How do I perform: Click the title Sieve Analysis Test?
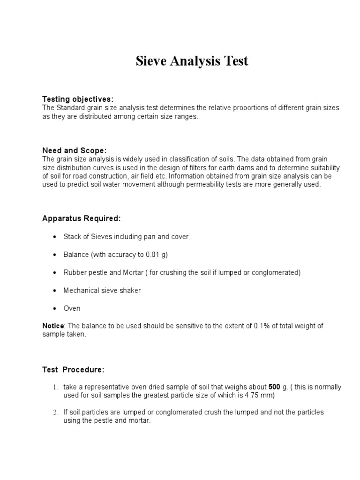click(192, 61)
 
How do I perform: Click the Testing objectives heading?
click(78, 99)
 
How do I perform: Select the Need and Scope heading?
click(75, 150)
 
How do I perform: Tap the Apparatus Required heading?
click(81, 218)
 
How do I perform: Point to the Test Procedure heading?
click(73, 370)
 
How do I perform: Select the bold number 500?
click(274, 387)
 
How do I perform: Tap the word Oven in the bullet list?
click(72, 308)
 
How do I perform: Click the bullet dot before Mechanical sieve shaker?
click(55, 291)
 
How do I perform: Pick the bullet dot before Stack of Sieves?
click(55, 237)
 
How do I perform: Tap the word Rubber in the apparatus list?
click(74, 272)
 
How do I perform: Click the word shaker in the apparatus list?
click(130, 291)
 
